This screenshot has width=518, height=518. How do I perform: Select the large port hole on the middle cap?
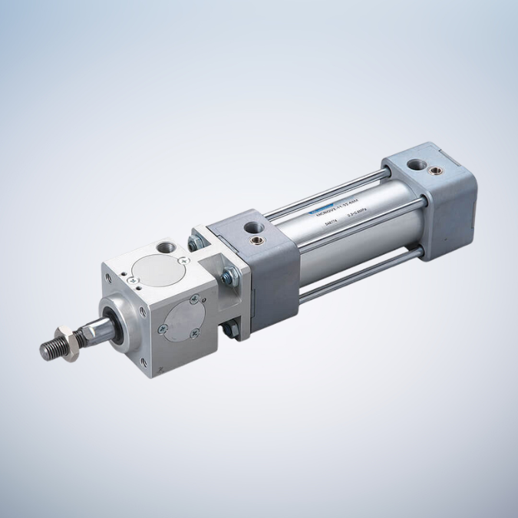(252, 228)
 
